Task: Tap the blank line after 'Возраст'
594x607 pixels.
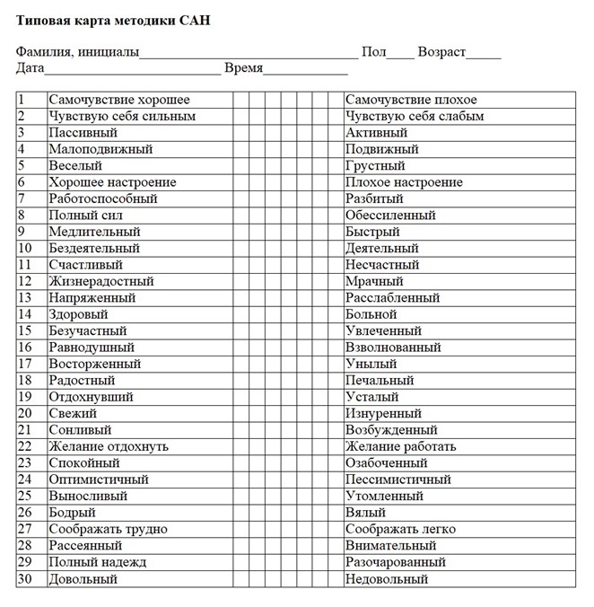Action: tap(485, 54)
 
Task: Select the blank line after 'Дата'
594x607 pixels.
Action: tap(132, 70)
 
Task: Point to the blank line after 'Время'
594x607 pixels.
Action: tap(305, 70)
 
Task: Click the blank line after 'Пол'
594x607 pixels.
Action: tap(401, 54)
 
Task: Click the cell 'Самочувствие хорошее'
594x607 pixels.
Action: tap(119, 100)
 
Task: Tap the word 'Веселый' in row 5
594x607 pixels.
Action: tap(75, 166)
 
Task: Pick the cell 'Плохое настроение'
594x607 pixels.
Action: tap(404, 182)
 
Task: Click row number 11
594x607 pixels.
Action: tap(24, 265)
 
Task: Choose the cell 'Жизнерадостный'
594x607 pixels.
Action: tap(101, 281)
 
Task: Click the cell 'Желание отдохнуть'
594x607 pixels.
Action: tap(109, 446)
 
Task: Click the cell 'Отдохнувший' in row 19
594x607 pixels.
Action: tap(91, 397)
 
